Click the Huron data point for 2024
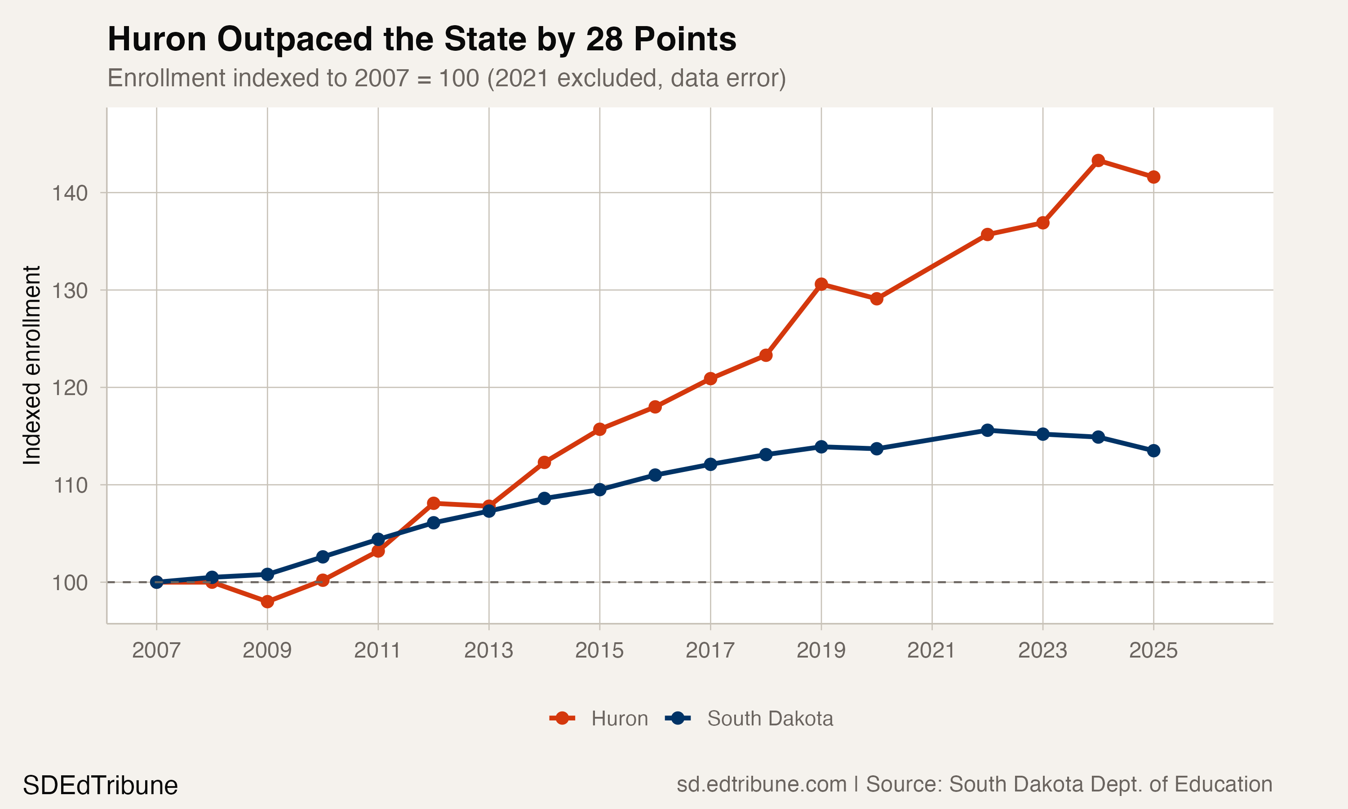pos(1098,160)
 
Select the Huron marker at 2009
pos(267,602)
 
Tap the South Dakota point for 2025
pos(1153,451)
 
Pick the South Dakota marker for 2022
pos(987,430)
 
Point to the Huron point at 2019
pos(821,284)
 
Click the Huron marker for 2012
pos(434,503)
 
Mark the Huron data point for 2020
pos(877,299)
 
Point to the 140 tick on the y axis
pos(70,193)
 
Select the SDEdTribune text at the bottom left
pos(100,786)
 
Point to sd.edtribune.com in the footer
pos(761,784)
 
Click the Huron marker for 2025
pos(1153,177)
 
